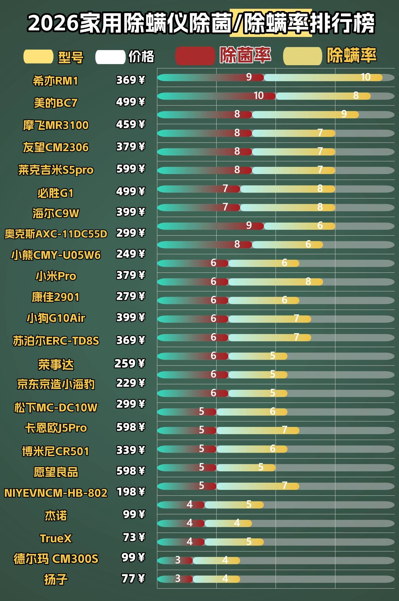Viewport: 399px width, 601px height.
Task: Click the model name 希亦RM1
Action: [x=55, y=81]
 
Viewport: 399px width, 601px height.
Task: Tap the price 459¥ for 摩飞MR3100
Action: [x=130, y=124]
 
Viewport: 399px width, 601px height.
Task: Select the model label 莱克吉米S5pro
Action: [x=56, y=170]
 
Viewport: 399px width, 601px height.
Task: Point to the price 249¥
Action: [x=130, y=254]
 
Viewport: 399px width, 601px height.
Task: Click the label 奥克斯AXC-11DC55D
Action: [x=56, y=234]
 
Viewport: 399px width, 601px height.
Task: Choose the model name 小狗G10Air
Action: [x=56, y=318]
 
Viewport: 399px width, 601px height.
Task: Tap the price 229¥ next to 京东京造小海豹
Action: [x=130, y=383]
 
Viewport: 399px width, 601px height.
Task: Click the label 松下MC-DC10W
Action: [x=56, y=408]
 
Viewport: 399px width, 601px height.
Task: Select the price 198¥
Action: [x=130, y=492]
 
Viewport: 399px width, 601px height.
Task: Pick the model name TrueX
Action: [x=56, y=538]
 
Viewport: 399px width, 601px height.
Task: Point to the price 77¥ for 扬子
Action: [x=133, y=578]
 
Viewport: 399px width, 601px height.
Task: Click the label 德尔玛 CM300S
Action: [x=56, y=559]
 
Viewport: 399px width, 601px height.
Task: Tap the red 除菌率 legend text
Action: [x=245, y=55]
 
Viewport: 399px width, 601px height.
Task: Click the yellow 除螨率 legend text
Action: [x=351, y=55]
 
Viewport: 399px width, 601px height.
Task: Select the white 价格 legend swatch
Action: [x=110, y=57]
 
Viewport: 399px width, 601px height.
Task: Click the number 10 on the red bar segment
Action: [x=259, y=96]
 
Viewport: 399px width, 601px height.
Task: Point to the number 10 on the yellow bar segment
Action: [x=365, y=77]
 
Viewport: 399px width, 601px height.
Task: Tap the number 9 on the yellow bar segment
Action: [x=344, y=114]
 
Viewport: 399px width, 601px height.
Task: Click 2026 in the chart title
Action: [x=53, y=23]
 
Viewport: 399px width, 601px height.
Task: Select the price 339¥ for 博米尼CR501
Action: [x=130, y=450]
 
